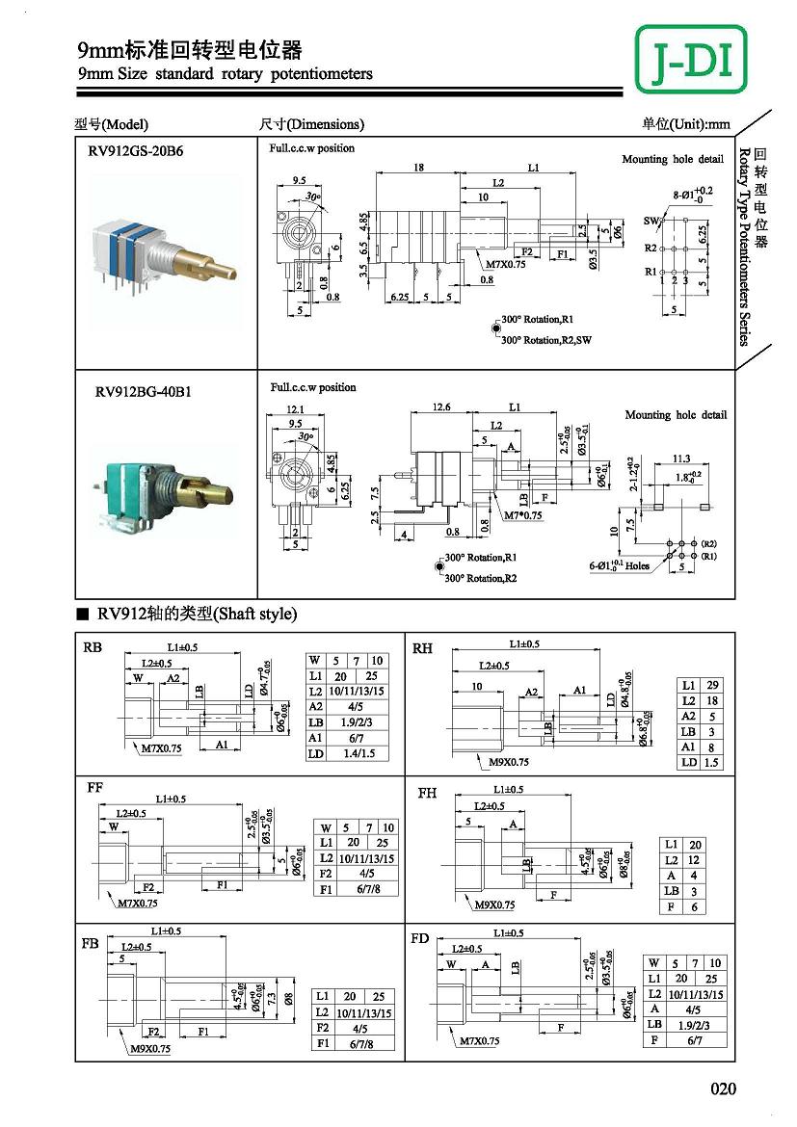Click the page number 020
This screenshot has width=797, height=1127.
723,1089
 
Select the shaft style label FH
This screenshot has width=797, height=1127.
427,793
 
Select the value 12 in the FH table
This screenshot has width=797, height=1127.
695,860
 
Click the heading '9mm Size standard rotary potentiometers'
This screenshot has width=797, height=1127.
225,74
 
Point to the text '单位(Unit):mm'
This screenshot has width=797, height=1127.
685,124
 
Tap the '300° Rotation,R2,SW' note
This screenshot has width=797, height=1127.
545,340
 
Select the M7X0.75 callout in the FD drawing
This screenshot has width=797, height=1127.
483,1041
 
